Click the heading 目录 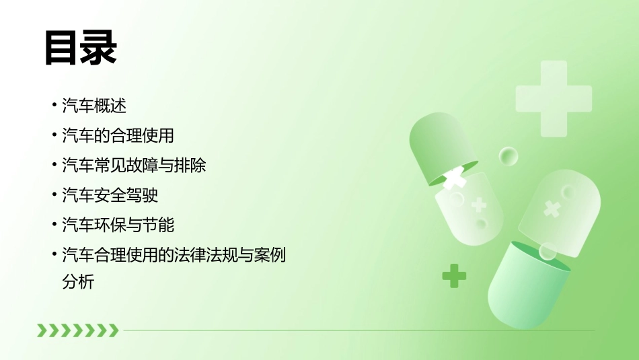[x=81, y=47]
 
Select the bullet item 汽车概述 [x=94, y=106]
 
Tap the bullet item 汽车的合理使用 [x=118, y=135]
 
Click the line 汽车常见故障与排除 [x=134, y=166]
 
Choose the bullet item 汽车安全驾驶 [x=110, y=195]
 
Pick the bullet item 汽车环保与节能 [x=118, y=225]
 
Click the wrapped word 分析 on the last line [x=78, y=282]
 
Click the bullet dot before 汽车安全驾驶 [x=54, y=194]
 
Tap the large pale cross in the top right [x=554, y=98]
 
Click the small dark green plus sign [x=454, y=275]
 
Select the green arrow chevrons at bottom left [x=77, y=330]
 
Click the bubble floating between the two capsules [x=509, y=157]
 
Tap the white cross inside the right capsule [x=552, y=209]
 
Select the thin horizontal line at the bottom [x=356, y=330]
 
